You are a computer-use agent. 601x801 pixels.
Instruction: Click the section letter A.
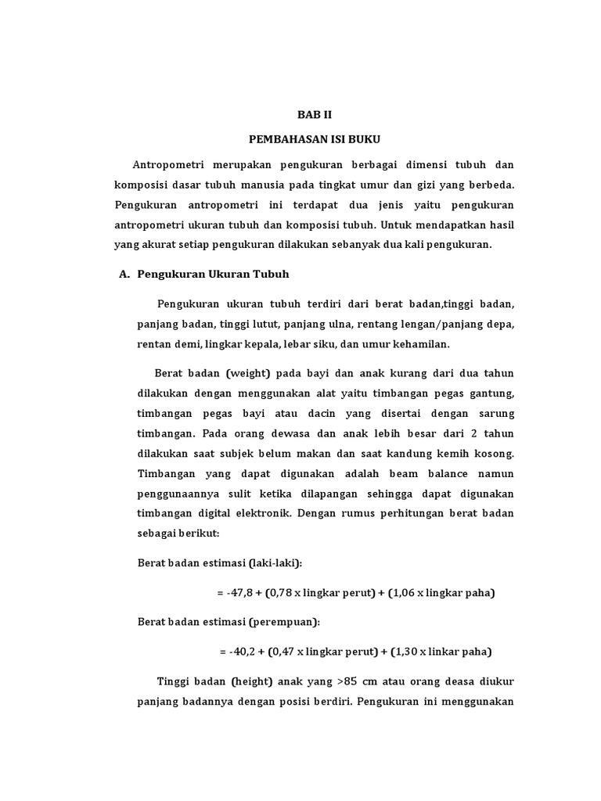coord(122,274)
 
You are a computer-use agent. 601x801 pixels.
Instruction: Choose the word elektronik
coord(271,513)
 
